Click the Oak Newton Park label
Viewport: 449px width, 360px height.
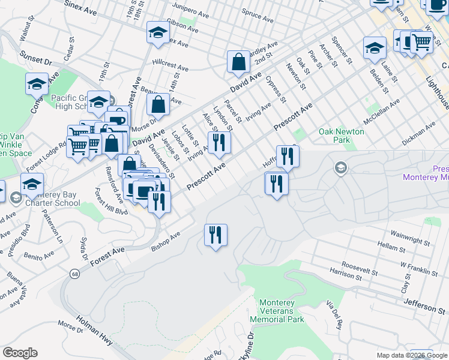(x=341, y=136)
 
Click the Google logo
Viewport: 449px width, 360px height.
(x=20, y=353)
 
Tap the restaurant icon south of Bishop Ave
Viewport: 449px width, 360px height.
(x=215, y=235)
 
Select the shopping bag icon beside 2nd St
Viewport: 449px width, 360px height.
(x=238, y=61)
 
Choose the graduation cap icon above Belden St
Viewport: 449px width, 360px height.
(x=374, y=47)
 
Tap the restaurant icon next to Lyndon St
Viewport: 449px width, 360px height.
(x=218, y=142)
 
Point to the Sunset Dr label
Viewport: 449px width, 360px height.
(x=37, y=61)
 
